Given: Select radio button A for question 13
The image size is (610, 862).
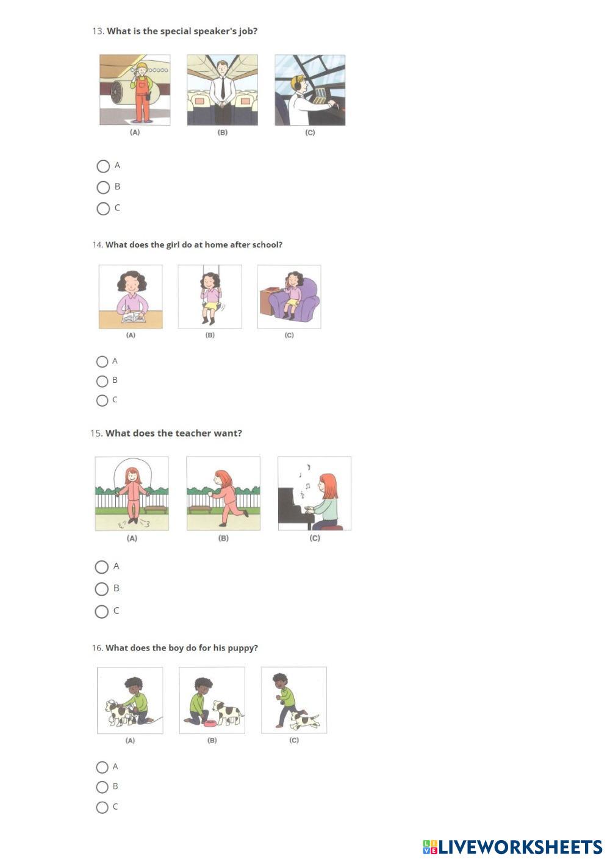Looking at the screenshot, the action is click(x=103, y=166).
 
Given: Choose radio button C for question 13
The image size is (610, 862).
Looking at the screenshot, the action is click(x=103, y=208).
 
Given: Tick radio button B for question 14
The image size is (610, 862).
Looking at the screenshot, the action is click(x=102, y=382).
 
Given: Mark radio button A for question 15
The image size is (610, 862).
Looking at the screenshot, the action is click(x=101, y=567).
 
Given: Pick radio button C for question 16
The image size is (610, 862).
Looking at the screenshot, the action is click(x=102, y=807).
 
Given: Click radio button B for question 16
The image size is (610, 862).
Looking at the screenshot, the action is click(x=102, y=787).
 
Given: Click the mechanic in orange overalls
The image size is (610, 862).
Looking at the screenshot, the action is click(x=142, y=93).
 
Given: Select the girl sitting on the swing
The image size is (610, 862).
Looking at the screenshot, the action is click(x=209, y=297).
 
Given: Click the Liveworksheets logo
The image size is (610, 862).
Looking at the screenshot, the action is click(x=512, y=847).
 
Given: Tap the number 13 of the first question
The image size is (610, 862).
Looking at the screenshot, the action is click(x=98, y=31).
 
